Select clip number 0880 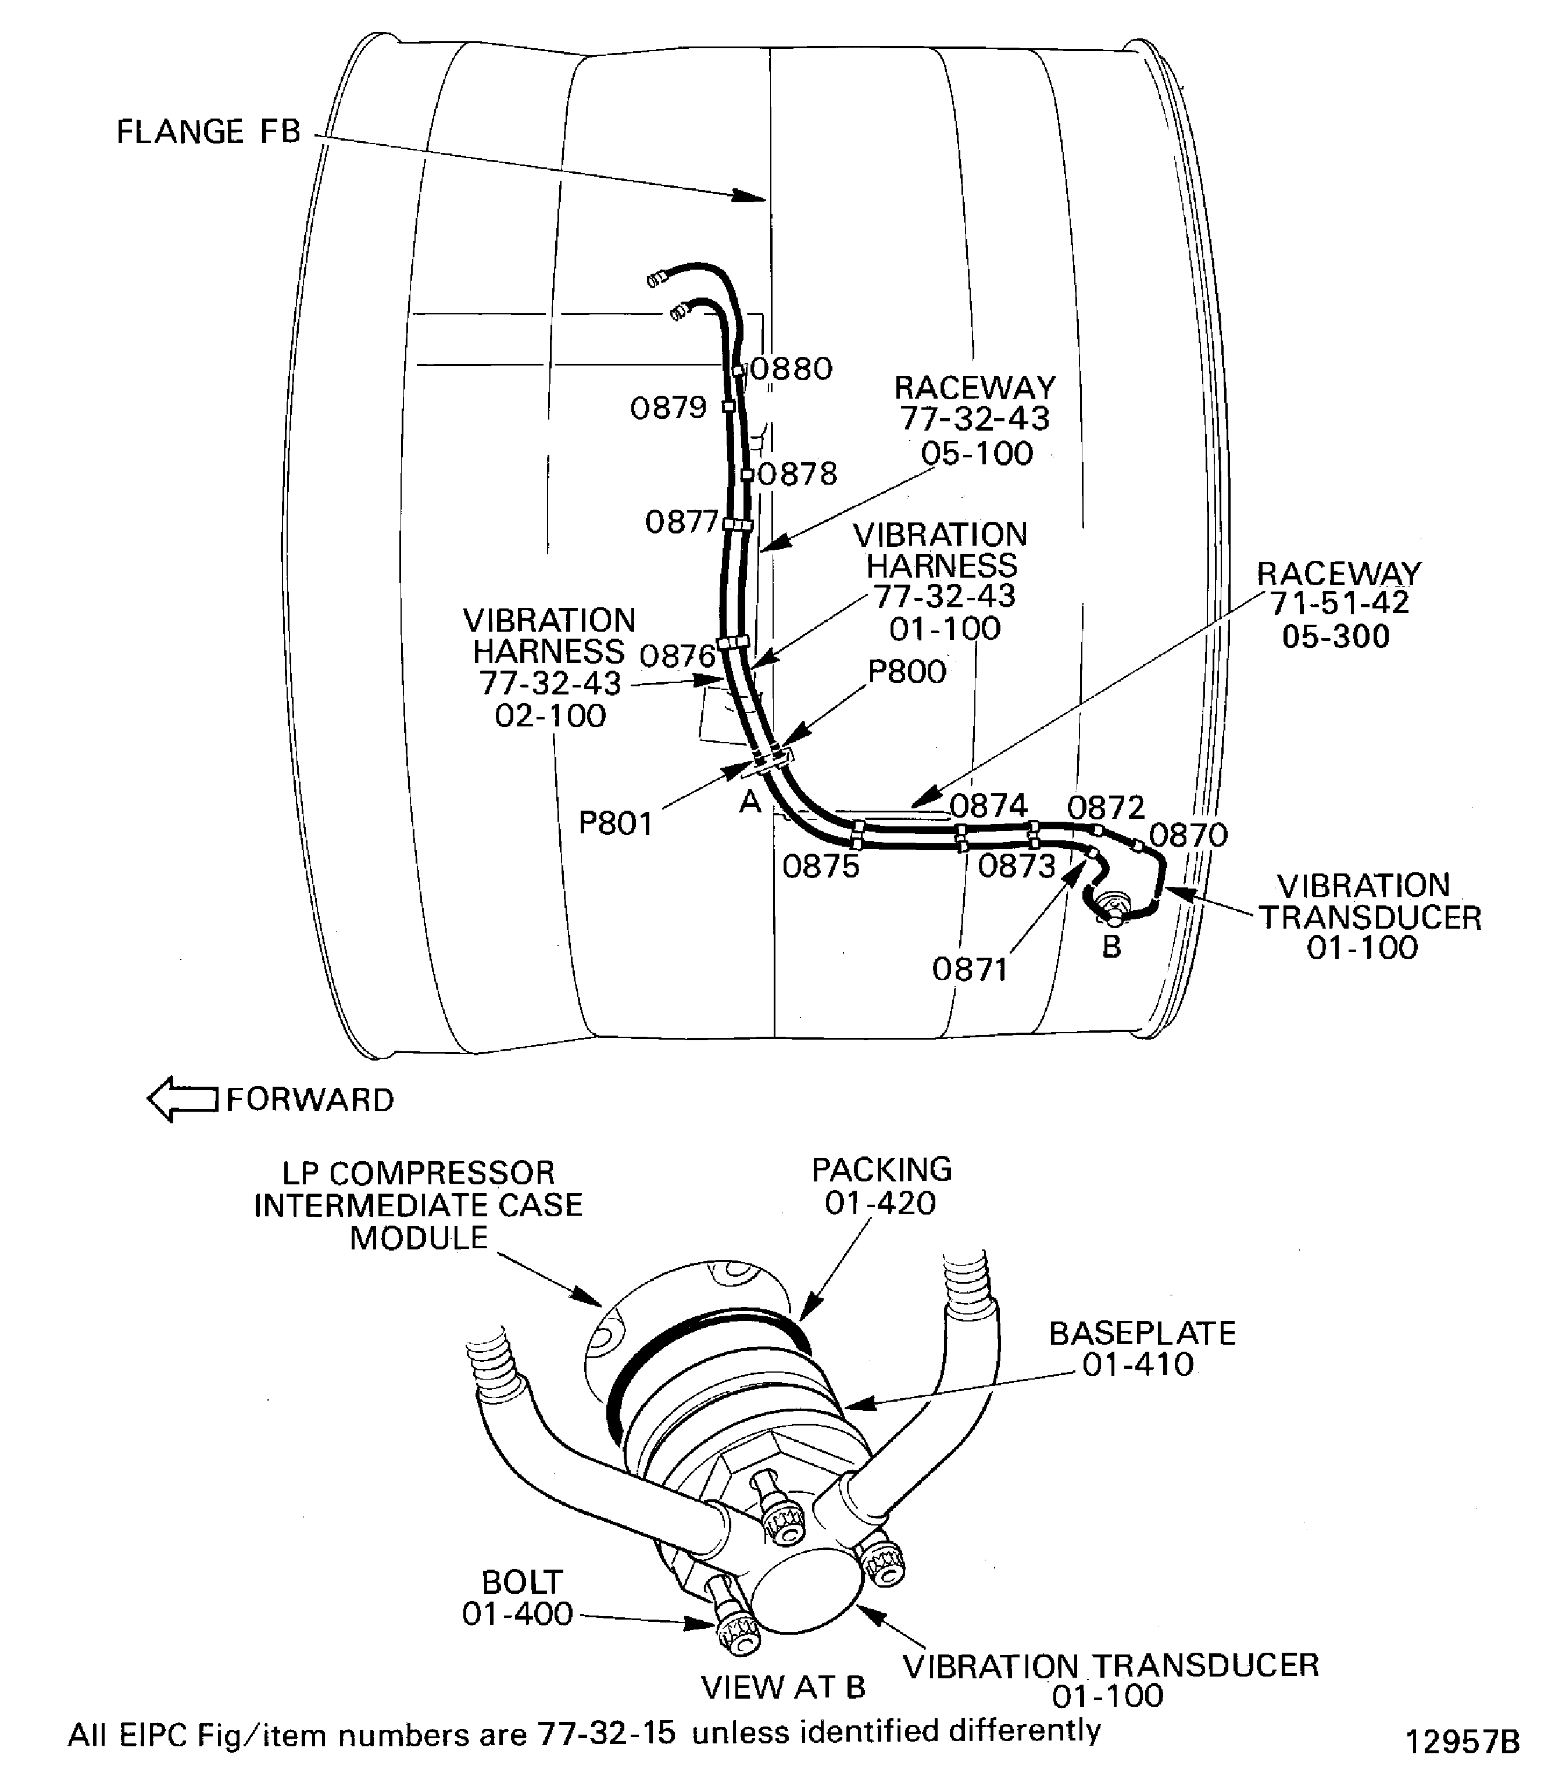pyautogui.click(x=791, y=370)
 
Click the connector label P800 pyautogui.click(x=906, y=671)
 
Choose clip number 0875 pyautogui.click(x=821, y=866)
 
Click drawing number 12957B pyautogui.click(x=1463, y=1743)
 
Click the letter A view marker pyautogui.click(x=750, y=803)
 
